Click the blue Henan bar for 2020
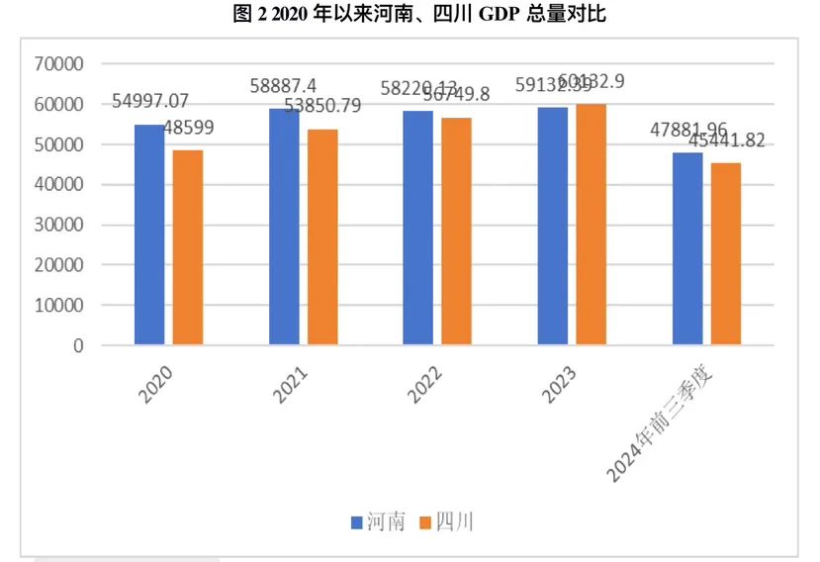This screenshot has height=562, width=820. [149, 234]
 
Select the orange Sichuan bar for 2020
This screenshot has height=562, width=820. [187, 247]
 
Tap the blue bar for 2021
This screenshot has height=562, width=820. [284, 227]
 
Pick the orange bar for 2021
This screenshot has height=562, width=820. [321, 237]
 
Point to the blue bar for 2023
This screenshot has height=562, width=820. [552, 227]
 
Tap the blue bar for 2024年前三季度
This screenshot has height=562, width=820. [686, 248]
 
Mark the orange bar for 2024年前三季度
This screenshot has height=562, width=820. [725, 253]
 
